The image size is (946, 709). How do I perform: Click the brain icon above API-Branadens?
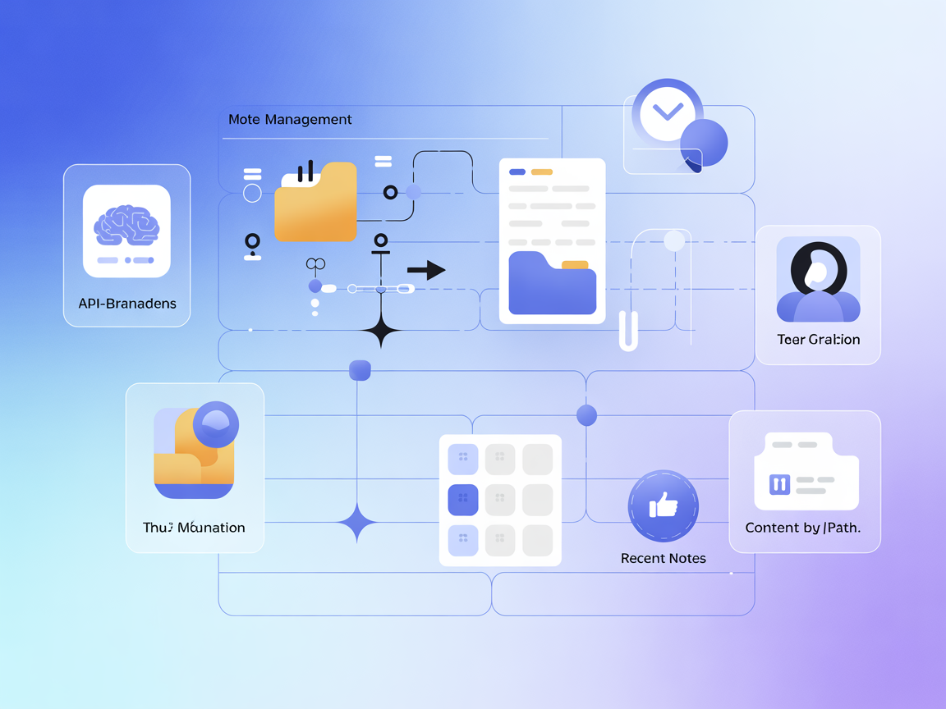(x=126, y=222)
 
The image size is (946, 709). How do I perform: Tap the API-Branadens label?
(x=127, y=303)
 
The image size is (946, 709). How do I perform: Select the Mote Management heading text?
(x=290, y=120)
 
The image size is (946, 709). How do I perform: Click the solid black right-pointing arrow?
(x=426, y=270)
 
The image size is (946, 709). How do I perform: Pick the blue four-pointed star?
(x=357, y=522)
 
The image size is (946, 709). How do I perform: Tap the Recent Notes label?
(x=663, y=558)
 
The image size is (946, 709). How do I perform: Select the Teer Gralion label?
(x=818, y=339)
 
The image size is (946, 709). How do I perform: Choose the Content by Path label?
(x=802, y=528)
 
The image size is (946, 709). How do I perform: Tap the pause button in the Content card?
(x=779, y=484)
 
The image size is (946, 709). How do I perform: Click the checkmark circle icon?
(x=667, y=112)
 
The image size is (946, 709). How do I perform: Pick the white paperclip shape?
(x=628, y=331)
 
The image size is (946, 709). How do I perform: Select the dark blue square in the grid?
(x=463, y=499)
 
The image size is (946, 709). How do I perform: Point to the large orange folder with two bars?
(x=315, y=205)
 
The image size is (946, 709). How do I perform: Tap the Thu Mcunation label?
(x=194, y=527)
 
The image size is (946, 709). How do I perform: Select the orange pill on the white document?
(x=541, y=172)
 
